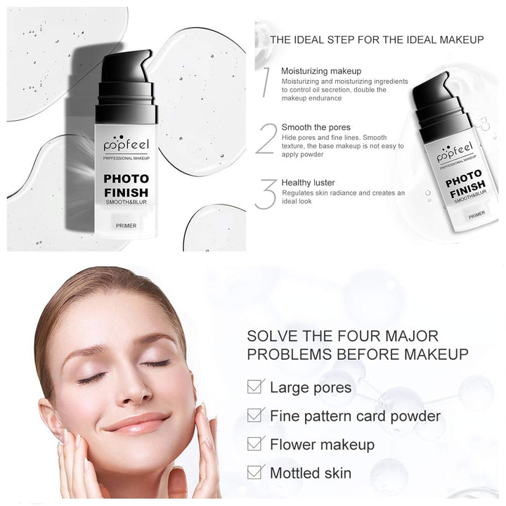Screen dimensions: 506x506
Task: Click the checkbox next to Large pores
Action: coord(257,387)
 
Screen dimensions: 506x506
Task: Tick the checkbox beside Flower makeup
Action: coord(257,444)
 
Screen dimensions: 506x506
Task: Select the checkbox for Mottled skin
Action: coord(257,473)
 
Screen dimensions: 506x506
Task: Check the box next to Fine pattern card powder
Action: coord(257,415)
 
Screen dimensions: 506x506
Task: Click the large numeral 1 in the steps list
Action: coord(265,83)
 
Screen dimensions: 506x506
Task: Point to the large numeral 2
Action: coord(265,138)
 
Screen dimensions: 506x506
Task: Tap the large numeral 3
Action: coord(265,193)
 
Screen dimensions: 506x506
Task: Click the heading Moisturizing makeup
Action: coord(321,71)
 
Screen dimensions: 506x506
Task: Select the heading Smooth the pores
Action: coord(315,127)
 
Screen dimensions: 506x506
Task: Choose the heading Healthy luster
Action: coord(309,182)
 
